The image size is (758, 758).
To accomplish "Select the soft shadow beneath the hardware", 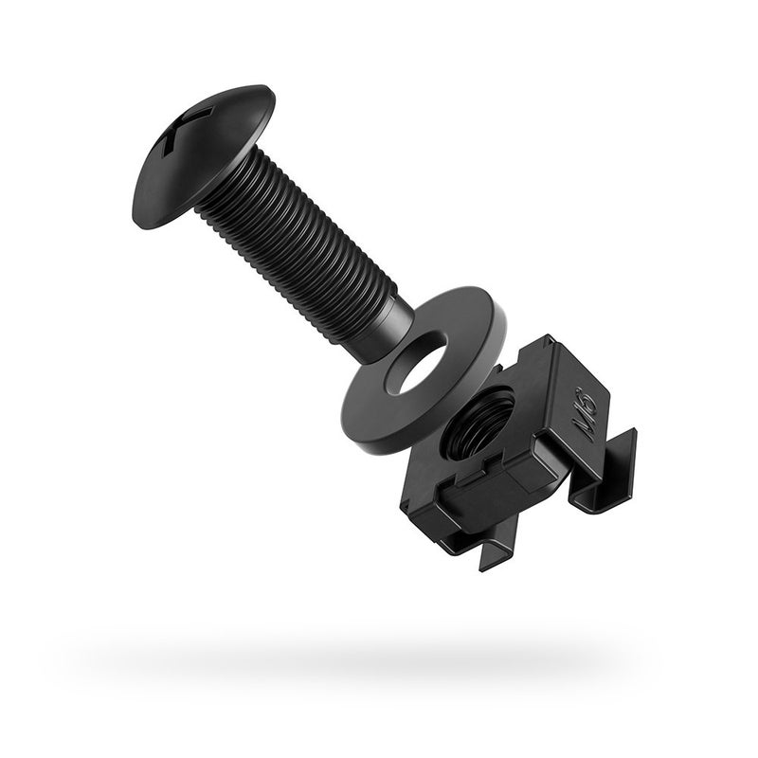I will [379, 654].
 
